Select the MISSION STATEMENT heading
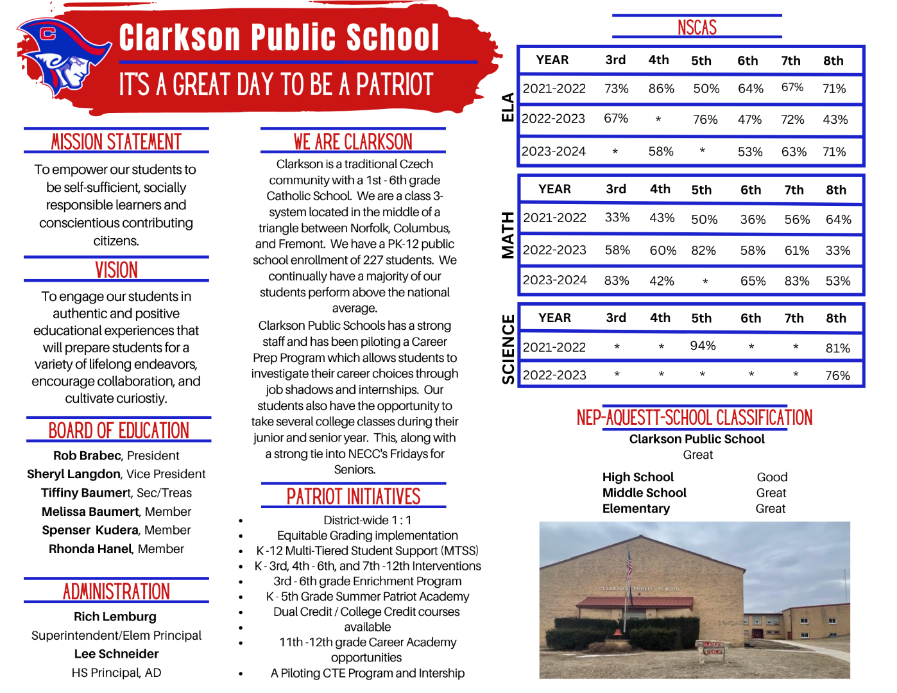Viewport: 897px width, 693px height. click(x=116, y=142)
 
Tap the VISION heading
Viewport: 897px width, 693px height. click(x=116, y=270)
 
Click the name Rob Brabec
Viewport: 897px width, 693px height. click(x=87, y=456)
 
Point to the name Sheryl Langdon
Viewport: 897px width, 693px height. click(x=74, y=474)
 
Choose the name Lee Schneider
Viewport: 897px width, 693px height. click(x=116, y=654)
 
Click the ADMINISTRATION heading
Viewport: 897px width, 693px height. click(x=116, y=592)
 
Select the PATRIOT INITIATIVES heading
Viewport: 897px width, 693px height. click(x=354, y=497)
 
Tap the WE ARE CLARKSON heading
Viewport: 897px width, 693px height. click(x=353, y=142)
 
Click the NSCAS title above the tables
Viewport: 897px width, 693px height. click(x=697, y=28)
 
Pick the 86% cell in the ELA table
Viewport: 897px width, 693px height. click(x=661, y=89)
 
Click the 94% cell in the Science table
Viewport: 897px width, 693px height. click(x=703, y=346)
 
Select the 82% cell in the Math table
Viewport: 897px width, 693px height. click(x=703, y=250)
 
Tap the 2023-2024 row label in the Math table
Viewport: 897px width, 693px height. click(x=554, y=280)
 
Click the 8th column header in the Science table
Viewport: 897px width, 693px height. click(x=836, y=318)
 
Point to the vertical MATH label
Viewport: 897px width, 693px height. click(x=508, y=235)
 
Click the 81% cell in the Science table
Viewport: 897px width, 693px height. click(x=837, y=348)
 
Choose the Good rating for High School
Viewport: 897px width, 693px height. click(x=772, y=477)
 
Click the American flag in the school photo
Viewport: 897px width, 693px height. click(x=629, y=565)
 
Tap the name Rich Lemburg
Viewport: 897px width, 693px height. click(x=115, y=617)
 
